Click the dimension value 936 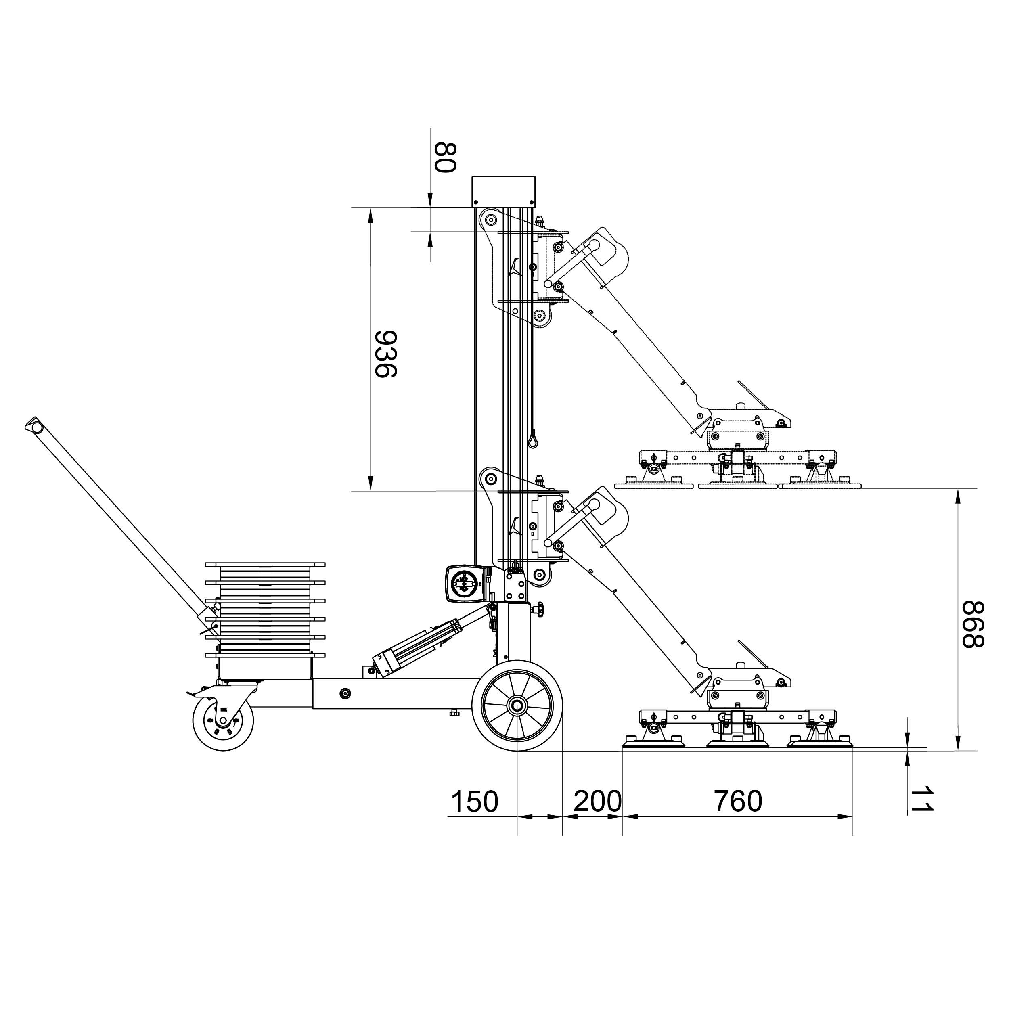point(387,354)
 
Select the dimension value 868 point(973,625)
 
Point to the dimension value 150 point(475,801)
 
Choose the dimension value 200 point(599,801)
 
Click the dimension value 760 point(738,801)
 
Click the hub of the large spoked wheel point(517,705)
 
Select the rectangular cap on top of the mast point(503,192)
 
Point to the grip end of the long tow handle point(34,427)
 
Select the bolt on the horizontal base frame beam point(345,693)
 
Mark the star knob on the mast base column point(538,609)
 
